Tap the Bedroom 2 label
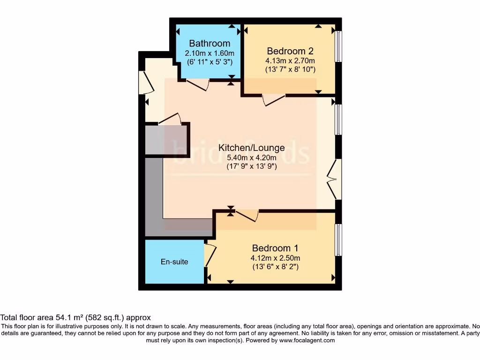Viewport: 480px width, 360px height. tap(290, 51)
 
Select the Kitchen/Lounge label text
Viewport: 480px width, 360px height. tap(251, 148)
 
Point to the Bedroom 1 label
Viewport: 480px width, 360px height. tap(275, 248)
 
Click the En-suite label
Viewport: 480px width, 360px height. tap(174, 262)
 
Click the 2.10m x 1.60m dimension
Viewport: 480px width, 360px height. tap(210, 53)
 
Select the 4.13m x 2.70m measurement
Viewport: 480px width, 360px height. tap(290, 60)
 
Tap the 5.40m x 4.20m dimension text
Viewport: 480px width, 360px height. tap(251, 157)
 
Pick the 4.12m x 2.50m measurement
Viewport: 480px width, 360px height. tap(275, 258)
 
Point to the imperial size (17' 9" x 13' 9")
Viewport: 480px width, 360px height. tap(251, 166)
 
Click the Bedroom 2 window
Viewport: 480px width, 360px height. tap(338, 46)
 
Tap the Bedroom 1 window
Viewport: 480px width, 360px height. tap(338, 240)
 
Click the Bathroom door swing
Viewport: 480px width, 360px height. tap(198, 85)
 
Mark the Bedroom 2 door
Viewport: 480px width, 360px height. tap(274, 100)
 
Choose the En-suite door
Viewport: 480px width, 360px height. tap(210, 255)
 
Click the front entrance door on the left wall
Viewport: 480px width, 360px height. tap(145, 83)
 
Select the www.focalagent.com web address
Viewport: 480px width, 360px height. tap(307, 340)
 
